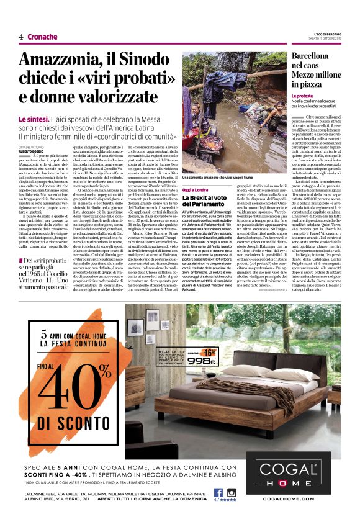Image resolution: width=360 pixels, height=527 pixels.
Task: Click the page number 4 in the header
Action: (x=21, y=37)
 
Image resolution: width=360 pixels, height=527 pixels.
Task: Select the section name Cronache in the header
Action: (x=42, y=37)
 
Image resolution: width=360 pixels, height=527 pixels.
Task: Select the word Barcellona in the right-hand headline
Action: (x=315, y=56)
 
